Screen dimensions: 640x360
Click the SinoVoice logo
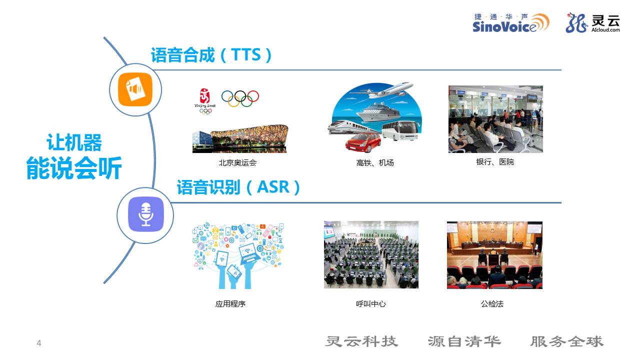[x=510, y=23]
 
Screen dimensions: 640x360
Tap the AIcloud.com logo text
[x=605, y=29]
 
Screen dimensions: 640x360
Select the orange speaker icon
[x=135, y=89]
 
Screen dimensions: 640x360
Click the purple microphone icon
[x=145, y=214]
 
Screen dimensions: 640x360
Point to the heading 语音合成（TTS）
[x=211, y=55]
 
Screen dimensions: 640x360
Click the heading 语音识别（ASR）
[x=238, y=187]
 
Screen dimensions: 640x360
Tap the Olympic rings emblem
[x=240, y=98]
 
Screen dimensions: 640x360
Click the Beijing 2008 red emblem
[x=205, y=101]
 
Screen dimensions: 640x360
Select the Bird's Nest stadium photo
[x=240, y=138]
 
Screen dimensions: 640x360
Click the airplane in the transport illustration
[x=381, y=90]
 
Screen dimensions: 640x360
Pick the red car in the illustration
[x=363, y=142]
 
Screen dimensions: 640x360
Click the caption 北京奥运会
[x=237, y=163]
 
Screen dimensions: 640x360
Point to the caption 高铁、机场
[x=375, y=163]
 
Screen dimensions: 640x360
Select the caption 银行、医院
[x=495, y=162]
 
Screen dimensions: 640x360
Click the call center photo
[x=371, y=254]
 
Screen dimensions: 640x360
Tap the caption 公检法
[x=492, y=303]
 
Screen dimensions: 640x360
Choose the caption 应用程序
[x=230, y=303]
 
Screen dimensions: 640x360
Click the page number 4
[x=39, y=343]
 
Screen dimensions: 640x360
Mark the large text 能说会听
[x=74, y=168]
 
